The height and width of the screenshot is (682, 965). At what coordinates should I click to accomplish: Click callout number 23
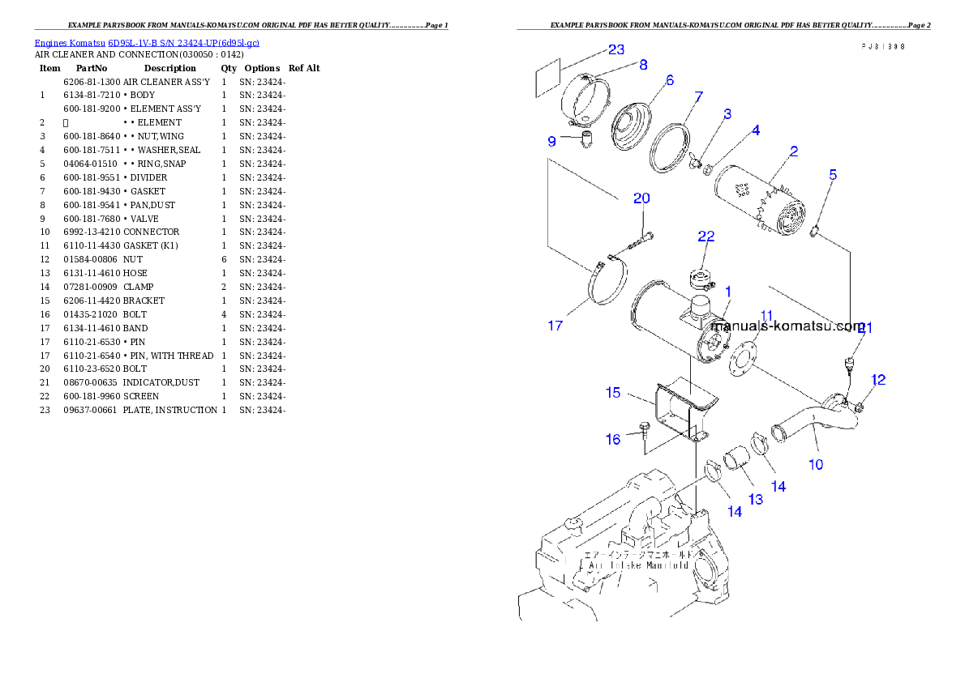click(616, 49)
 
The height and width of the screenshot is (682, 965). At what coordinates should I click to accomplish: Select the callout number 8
click(643, 65)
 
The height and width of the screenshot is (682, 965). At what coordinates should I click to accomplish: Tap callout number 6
click(669, 80)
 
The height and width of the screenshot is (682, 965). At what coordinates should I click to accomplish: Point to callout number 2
click(794, 151)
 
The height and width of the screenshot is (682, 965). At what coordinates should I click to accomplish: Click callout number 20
click(641, 198)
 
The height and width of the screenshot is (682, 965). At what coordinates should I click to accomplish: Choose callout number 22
click(706, 236)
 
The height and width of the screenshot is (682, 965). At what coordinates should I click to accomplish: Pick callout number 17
click(555, 326)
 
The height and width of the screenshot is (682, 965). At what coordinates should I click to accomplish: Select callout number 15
click(613, 392)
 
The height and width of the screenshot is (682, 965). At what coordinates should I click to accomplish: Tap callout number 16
click(613, 439)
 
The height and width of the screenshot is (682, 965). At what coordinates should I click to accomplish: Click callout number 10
click(816, 464)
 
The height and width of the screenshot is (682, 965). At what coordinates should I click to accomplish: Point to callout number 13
click(755, 499)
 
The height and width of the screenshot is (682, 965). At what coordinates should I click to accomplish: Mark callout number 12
click(878, 379)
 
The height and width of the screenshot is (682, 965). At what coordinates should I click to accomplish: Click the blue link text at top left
click(147, 42)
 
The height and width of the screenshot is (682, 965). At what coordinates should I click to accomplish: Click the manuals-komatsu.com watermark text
click(787, 326)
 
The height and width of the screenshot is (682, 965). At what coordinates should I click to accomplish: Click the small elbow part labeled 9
click(584, 141)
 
